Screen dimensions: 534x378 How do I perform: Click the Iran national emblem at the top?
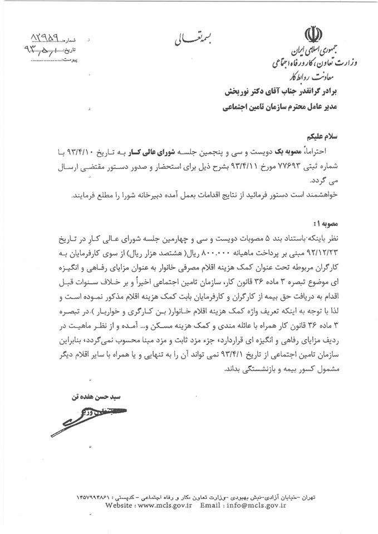[x=332, y=33]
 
